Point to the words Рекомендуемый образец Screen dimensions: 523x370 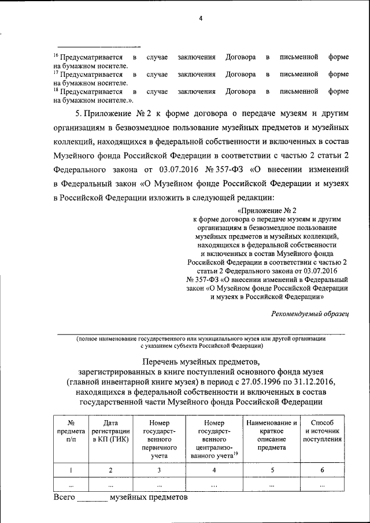[x=310, y=313]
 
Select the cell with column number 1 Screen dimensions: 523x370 [x=71, y=470]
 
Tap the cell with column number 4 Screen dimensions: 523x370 [x=214, y=470]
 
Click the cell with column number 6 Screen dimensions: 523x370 [x=323, y=470]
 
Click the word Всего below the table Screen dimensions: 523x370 [x=64, y=497]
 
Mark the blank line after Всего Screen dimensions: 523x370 [x=92, y=499]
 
